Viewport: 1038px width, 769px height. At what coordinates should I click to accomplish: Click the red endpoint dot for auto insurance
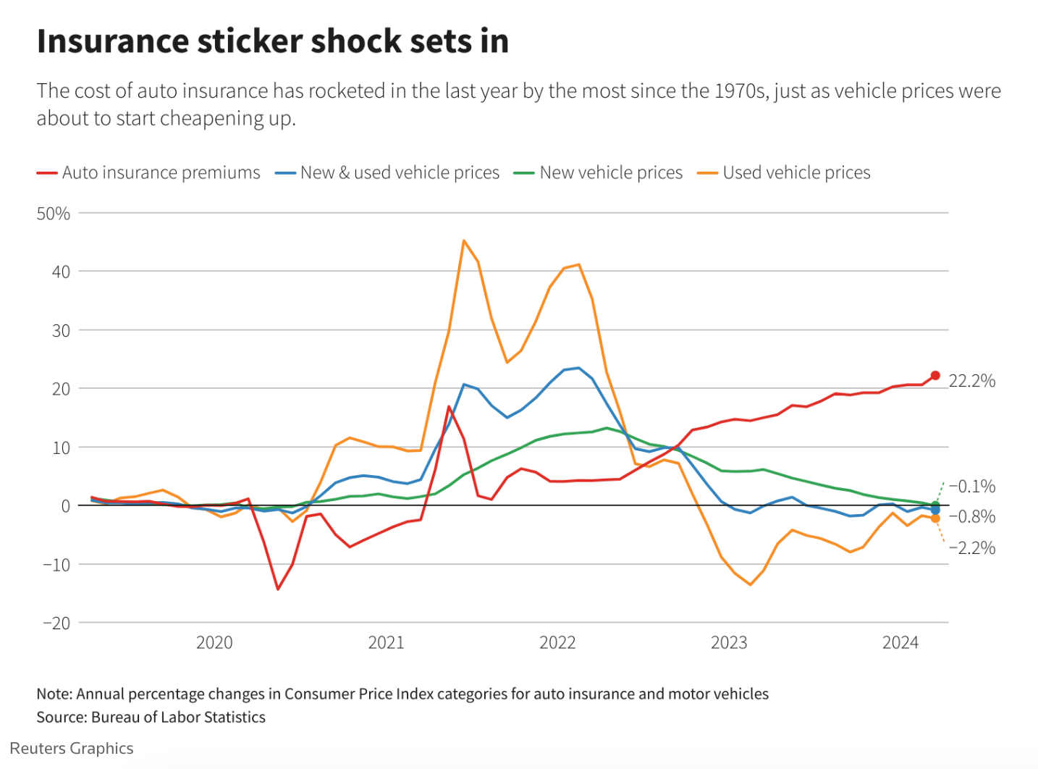935,376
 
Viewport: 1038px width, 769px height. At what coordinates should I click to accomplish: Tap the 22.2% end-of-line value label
972,381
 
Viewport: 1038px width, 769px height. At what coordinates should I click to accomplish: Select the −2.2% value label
972,548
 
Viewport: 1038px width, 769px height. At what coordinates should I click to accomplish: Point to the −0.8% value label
972,517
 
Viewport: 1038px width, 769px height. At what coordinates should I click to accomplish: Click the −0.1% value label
972,487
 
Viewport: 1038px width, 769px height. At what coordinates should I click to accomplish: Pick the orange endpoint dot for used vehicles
935,518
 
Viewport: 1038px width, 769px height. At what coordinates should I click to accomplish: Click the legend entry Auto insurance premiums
148,173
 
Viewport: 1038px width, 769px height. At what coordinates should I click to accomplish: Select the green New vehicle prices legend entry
599,173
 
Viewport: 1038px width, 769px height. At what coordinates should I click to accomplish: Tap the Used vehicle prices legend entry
784,173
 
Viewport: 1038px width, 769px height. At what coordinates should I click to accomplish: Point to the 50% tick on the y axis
54,214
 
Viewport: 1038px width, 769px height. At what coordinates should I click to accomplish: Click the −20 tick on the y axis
56,623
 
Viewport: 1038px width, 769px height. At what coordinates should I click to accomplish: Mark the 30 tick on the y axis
61,330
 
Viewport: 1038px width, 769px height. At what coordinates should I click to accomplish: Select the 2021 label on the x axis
386,643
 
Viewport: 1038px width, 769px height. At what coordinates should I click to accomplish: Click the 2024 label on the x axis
900,643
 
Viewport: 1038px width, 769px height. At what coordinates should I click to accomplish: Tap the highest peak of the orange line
463,240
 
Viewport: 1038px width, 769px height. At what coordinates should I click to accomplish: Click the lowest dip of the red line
278,589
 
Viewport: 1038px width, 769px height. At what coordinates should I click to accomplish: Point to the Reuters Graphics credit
72,749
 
